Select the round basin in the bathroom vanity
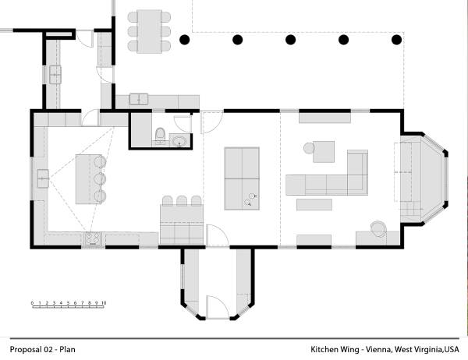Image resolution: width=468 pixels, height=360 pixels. [x=179, y=142]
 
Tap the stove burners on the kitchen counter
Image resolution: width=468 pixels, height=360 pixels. [x=93, y=239]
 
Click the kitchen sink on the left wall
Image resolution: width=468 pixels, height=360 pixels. [x=41, y=181]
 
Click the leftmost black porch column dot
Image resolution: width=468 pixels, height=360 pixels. [x=185, y=39]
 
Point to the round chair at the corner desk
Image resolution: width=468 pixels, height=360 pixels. [x=378, y=228]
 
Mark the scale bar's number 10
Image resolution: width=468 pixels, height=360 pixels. [x=103, y=301]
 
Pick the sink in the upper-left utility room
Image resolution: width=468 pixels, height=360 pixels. [x=56, y=75]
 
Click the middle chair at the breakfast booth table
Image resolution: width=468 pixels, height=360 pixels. [x=181, y=201]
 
